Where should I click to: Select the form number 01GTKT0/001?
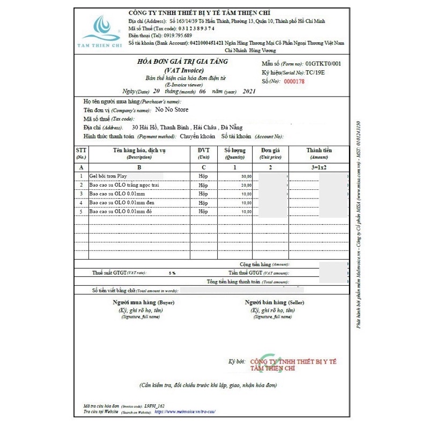(x=323, y=64)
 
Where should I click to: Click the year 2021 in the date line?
(x=250, y=92)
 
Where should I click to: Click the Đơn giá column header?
(x=270, y=151)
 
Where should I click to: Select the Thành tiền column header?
(x=317, y=151)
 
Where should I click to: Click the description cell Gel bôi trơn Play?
(x=108, y=176)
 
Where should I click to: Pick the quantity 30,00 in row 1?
(x=246, y=176)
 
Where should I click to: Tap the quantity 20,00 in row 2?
(x=246, y=185)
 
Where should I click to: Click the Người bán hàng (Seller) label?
(x=275, y=304)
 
